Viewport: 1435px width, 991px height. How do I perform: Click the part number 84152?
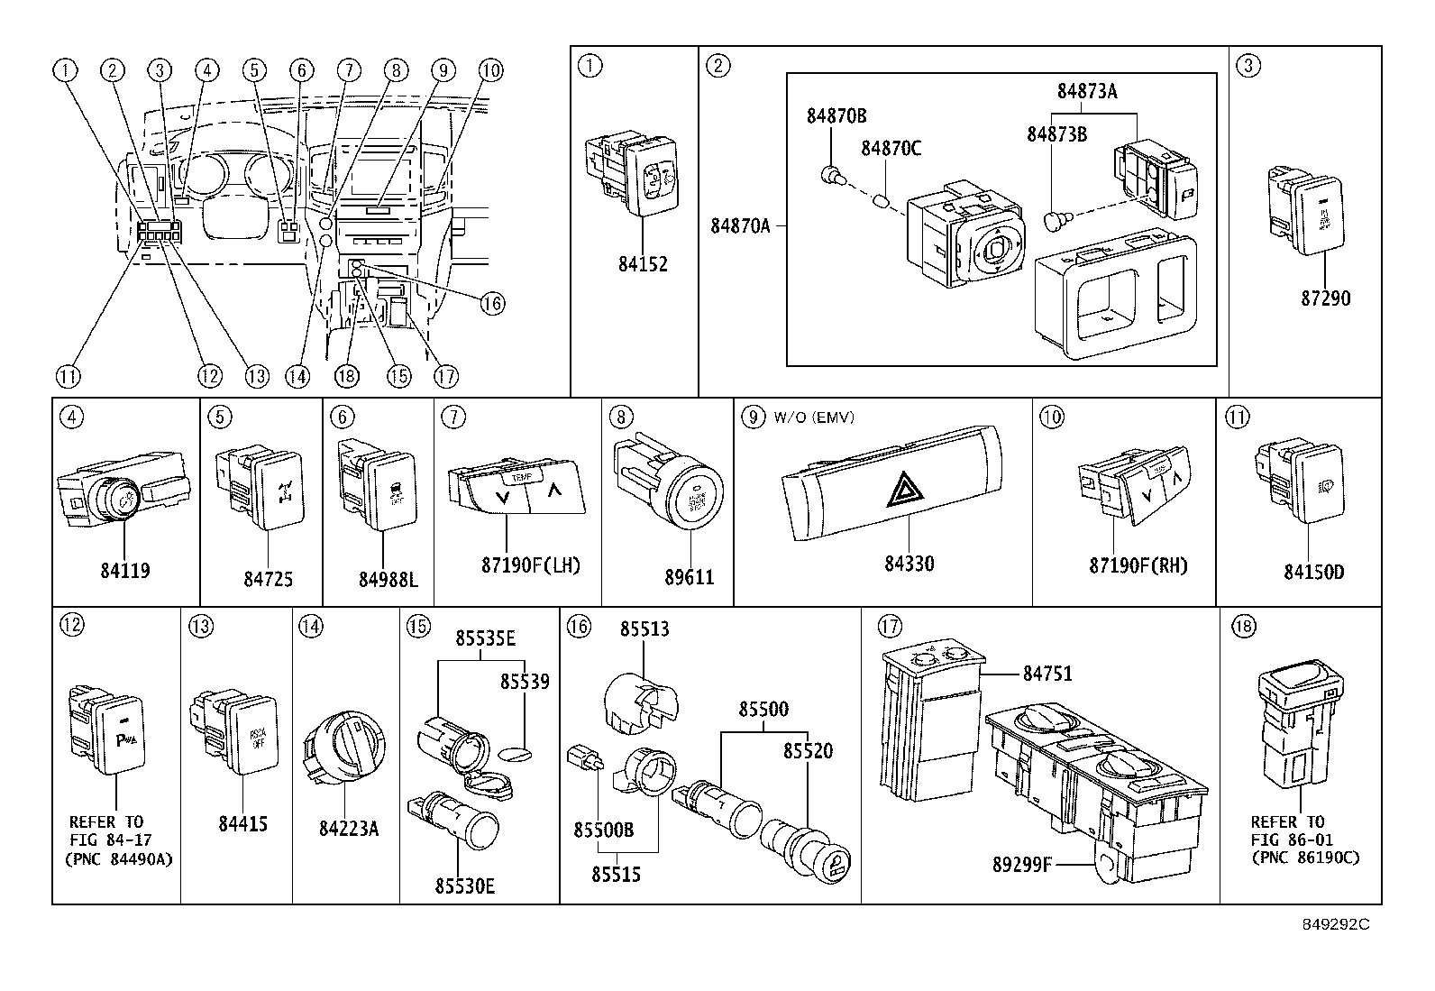[643, 264]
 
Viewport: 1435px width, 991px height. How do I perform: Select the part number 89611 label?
[689, 578]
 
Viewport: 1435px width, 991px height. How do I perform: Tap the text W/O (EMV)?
[811, 418]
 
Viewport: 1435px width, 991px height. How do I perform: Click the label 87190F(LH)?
[531, 565]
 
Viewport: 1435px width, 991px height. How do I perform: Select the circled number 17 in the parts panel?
[890, 625]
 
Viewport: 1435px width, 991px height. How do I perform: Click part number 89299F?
[1022, 866]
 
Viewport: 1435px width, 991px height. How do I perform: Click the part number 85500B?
[603, 830]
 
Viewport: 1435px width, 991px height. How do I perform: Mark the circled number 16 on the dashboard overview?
[492, 304]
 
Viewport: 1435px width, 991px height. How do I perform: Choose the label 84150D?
[1313, 572]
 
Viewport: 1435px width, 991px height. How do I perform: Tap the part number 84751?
[1047, 674]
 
